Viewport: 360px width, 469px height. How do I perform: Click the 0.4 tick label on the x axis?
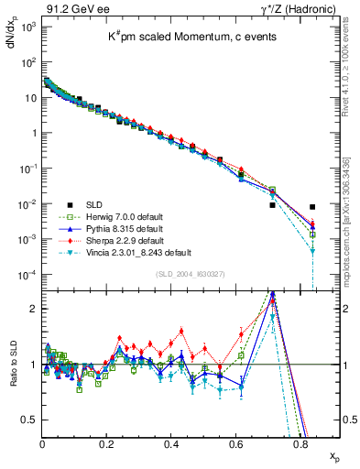[x=171, y=444]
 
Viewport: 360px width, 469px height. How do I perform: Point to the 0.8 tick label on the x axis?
[x=300, y=444]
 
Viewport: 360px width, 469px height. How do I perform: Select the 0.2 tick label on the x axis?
[x=107, y=444]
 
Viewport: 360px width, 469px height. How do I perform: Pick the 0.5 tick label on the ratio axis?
[x=29, y=420]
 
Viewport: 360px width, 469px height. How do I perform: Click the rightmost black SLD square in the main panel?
[x=313, y=207]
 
